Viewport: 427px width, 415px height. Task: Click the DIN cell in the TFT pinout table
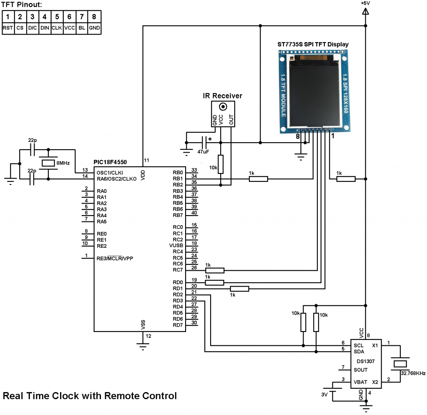(45, 28)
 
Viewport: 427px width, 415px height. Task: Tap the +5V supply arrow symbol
(365, 11)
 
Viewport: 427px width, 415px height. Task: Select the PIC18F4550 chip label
(110, 162)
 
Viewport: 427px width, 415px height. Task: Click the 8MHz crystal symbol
(48, 163)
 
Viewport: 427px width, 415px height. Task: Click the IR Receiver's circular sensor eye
(223, 107)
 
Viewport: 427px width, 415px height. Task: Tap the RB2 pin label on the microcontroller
(178, 185)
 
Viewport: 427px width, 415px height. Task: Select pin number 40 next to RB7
(194, 213)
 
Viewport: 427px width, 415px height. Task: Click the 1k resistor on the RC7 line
(215, 270)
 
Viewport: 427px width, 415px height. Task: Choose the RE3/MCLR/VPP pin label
(115, 258)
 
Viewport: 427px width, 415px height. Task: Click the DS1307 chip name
(365, 361)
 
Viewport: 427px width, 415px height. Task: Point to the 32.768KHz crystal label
(413, 373)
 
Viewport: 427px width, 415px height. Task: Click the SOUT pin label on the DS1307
(361, 370)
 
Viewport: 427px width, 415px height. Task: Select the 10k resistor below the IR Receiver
(221, 164)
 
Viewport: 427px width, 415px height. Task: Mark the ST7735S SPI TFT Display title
(313, 44)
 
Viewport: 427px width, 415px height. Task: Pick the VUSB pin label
(176, 245)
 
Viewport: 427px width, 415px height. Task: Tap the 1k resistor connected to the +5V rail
(346, 179)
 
